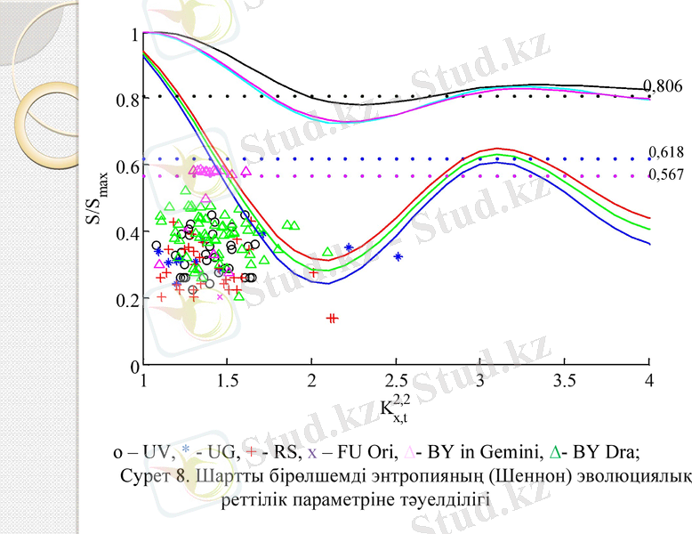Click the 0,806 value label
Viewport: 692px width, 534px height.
tap(666, 86)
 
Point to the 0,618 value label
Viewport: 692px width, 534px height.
tap(666, 152)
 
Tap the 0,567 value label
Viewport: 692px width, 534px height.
tap(666, 174)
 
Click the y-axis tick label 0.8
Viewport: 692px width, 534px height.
tap(128, 100)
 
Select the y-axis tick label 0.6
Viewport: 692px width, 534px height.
tap(128, 166)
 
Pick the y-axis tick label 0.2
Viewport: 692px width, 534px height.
tap(128, 300)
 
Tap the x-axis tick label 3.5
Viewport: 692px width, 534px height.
tap(565, 383)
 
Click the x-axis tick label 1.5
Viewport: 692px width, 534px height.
tap(227, 383)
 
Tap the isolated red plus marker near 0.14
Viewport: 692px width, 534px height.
tap(333, 318)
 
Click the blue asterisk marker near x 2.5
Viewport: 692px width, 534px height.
tap(398, 256)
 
